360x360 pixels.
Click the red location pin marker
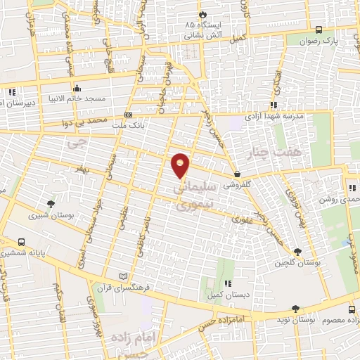coord(181,165)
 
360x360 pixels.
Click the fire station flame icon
coord(203,13)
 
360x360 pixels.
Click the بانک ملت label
coord(128,124)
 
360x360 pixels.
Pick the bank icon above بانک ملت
coord(128,114)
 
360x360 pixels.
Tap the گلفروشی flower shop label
coord(238,186)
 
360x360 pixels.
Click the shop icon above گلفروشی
coord(238,174)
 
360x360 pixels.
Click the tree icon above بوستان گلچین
coord(298,251)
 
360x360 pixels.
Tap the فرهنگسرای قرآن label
coord(123,287)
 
